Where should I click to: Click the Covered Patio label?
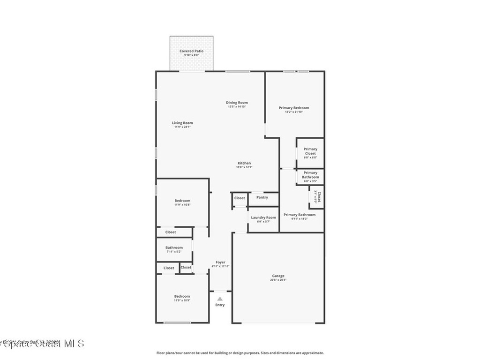[191, 51]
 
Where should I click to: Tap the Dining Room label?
[237, 102]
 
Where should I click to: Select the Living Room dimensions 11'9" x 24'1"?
[182, 127]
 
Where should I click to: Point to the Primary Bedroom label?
[294, 108]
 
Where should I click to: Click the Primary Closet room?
[310, 153]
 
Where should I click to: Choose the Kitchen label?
[244, 163]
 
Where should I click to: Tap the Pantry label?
[262, 197]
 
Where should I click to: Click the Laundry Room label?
[263, 217]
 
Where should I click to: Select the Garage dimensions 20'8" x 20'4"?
[278, 280]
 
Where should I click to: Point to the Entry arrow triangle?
[220, 298]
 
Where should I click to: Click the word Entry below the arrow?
[220, 305]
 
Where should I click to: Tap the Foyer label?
[220, 262]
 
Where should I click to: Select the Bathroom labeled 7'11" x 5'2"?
[174, 249]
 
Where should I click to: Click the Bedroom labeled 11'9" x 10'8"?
[182, 202]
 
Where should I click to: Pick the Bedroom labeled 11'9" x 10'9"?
[182, 298]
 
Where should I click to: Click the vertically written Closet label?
[319, 197]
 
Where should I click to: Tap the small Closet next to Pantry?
[240, 198]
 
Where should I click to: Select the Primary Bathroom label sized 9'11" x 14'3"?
[300, 215]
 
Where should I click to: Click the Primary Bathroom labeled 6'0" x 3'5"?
[310, 174]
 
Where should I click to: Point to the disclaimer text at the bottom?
[240, 353]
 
